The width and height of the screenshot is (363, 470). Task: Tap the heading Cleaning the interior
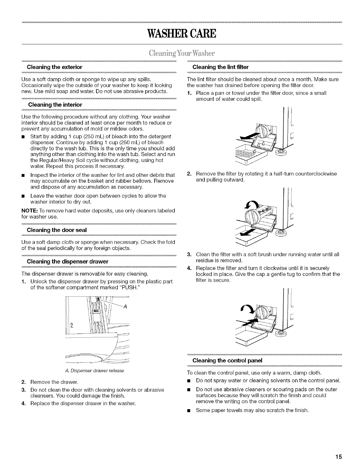coord(55,105)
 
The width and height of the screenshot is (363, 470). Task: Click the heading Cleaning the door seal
coord(56,230)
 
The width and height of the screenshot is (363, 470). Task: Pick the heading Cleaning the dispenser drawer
coord(67,261)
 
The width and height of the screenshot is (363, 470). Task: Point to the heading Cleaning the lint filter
coord(220,67)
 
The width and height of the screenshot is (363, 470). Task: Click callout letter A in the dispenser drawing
coord(125,307)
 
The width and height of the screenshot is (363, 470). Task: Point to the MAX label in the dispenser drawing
coord(97,311)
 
